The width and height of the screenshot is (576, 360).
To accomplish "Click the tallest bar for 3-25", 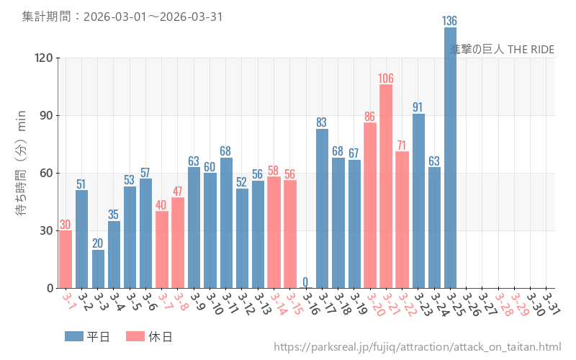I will click(x=450, y=158).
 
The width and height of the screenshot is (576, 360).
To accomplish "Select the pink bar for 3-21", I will click(x=386, y=187).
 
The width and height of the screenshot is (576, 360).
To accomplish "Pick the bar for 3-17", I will click(x=322, y=209).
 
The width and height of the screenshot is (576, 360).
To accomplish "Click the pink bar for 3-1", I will click(x=66, y=259).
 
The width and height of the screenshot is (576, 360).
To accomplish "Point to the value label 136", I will click(x=450, y=21).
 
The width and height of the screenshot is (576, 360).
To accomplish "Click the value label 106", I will click(x=386, y=78).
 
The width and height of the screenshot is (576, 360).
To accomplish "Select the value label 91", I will click(x=418, y=107).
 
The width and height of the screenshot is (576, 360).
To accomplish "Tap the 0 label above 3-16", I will click(x=305, y=282).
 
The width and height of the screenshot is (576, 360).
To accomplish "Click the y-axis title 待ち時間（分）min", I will click(x=22, y=163).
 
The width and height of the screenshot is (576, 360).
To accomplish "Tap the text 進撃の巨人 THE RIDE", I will click(x=502, y=49).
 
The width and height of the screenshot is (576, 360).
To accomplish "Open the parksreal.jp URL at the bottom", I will click(x=417, y=348).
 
